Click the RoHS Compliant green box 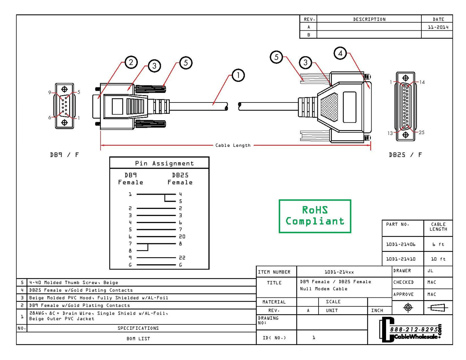coord(315,216)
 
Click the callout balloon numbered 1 coord(238,75)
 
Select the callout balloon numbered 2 coord(131,62)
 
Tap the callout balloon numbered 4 coord(340,53)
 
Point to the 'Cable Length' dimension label coord(233,145)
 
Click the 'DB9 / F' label coord(64,155)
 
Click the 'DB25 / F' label coord(405,155)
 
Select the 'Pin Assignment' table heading coord(164,163)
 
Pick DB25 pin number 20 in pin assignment coord(182,237)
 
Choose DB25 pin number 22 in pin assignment coord(182,258)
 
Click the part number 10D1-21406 coord(401,245)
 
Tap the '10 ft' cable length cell coord(438,259)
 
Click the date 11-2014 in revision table coord(438,27)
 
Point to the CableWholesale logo coord(411,330)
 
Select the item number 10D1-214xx coord(339,272)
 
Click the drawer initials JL coord(430,271)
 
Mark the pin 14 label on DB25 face coord(422,82)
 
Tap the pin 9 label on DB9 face coord(50,92)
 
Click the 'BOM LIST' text coord(138,339)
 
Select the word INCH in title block coord(377,310)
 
